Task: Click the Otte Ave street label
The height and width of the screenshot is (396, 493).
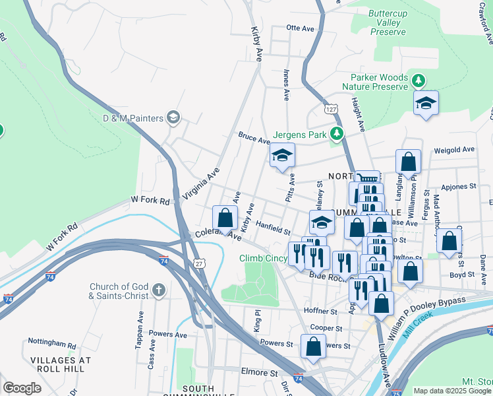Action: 301,28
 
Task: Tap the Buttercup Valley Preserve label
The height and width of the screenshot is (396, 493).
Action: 385,22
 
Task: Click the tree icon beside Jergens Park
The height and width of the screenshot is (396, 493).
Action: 337,135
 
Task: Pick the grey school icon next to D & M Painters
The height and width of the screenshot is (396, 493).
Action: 173,118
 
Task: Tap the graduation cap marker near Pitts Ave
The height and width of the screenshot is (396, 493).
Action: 282,156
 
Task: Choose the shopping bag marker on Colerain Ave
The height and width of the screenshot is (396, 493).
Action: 225,218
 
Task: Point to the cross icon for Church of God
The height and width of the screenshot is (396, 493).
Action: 158,290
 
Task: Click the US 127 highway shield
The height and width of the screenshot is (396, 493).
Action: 331,107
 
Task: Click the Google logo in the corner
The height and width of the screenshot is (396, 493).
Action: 22,388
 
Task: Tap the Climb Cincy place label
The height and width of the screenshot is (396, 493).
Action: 263,258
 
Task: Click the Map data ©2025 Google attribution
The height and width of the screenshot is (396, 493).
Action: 451,391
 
